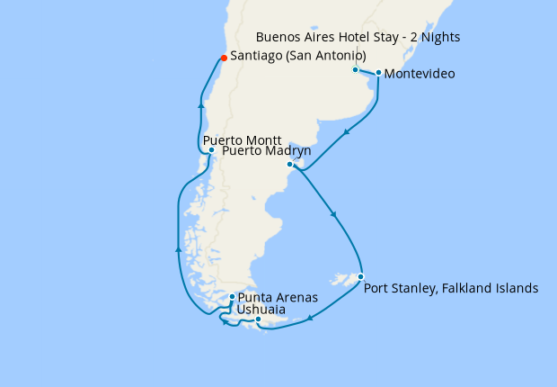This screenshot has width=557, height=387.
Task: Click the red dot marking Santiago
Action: [223, 59]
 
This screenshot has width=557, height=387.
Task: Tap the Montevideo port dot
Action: [378, 73]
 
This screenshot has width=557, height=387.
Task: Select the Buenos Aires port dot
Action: [355, 69]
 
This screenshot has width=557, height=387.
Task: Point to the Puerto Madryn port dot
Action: [289, 165]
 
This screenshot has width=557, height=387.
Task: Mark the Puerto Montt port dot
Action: [210, 150]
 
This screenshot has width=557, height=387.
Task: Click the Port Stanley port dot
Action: [360, 277]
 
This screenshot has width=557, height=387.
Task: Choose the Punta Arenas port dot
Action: [232, 297]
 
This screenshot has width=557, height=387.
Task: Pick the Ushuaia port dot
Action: [258, 319]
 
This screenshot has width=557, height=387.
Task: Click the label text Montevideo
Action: [419, 74]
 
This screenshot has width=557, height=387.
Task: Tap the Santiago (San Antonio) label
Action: [298, 56]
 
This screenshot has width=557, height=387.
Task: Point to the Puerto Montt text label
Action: [243, 140]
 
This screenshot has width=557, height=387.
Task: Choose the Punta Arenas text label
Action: [278, 297]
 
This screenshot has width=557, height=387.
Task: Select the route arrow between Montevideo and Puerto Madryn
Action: [346, 131]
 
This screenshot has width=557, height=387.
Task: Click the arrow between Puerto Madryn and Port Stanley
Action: [334, 214]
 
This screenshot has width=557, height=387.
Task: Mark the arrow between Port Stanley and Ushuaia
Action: [310, 318]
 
